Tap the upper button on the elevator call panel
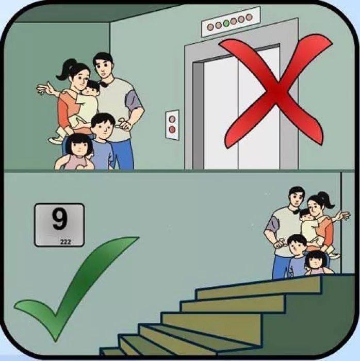point(172,118)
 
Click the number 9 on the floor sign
point(59,220)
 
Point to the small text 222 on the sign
point(66,241)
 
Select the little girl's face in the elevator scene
point(79,146)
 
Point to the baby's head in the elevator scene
point(93,88)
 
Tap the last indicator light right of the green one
point(249,18)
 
